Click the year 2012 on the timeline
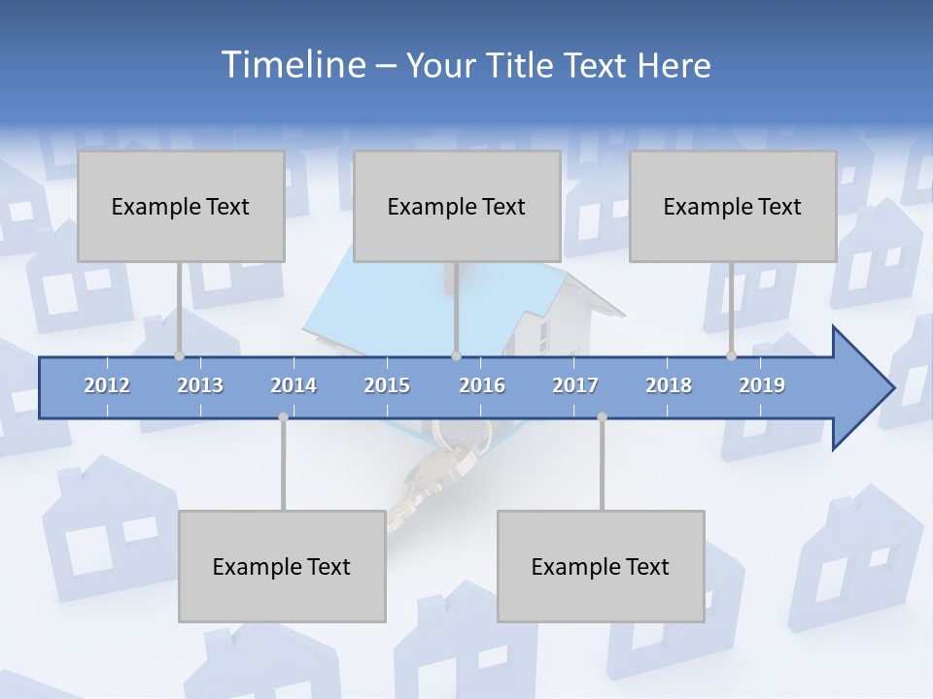pyautogui.click(x=107, y=385)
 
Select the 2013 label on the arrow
pyautogui.click(x=200, y=385)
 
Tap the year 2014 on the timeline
pyautogui.click(x=294, y=385)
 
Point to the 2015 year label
pyautogui.click(x=387, y=385)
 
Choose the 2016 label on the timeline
pyautogui.click(x=482, y=385)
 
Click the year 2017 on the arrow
pyautogui.click(x=575, y=385)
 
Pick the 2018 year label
pyautogui.click(x=669, y=385)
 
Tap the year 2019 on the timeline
pyautogui.click(x=762, y=385)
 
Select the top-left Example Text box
pyautogui.click(x=181, y=206)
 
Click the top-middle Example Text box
pyautogui.click(x=457, y=206)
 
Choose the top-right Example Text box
pyautogui.click(x=733, y=206)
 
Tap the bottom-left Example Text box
pyautogui.click(x=282, y=566)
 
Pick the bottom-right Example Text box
pyautogui.click(x=601, y=566)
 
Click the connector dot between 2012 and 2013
pyautogui.click(x=179, y=356)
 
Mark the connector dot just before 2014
pyautogui.click(x=283, y=416)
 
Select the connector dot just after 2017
pyautogui.click(x=602, y=416)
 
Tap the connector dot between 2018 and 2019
pyautogui.click(x=731, y=356)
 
